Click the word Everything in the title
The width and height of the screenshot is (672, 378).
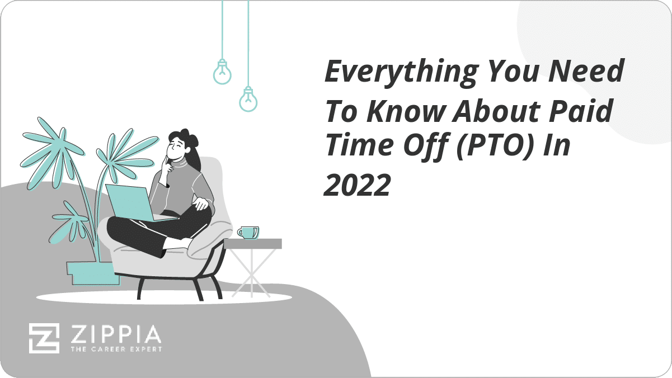pyautogui.click(x=402, y=73)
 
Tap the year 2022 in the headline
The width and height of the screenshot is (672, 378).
pyautogui.click(x=358, y=185)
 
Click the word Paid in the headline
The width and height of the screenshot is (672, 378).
pyautogui.click(x=581, y=111)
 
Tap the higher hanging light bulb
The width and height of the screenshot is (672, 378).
pyautogui.click(x=222, y=72)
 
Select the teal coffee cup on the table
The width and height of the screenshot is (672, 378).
pyautogui.click(x=248, y=233)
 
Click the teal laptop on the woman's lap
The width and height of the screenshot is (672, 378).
pyautogui.click(x=135, y=203)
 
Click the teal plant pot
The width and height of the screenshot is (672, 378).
pyautogui.click(x=93, y=273)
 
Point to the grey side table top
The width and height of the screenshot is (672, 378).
pyautogui.click(x=252, y=244)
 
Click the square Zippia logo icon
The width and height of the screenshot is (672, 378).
pyautogui.click(x=44, y=338)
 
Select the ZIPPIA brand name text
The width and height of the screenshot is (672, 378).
pyautogui.click(x=116, y=334)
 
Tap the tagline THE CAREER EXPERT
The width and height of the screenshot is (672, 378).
pyautogui.click(x=116, y=349)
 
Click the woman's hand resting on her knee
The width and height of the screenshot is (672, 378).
pyautogui.click(x=200, y=204)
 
